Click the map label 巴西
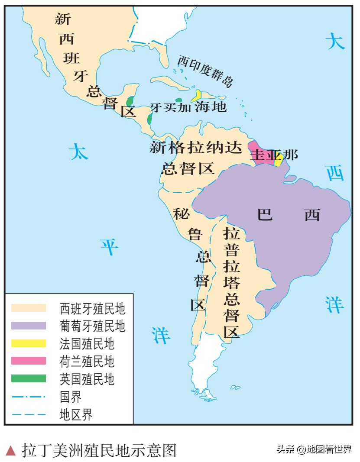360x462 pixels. [x=289, y=214]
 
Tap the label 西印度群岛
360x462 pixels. [x=205, y=71]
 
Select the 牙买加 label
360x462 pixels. [x=170, y=108]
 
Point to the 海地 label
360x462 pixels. [x=211, y=106]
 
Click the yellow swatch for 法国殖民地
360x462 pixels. [x=29, y=343]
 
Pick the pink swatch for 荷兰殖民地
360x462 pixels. [x=29, y=361]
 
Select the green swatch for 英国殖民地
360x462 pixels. [x=29, y=378]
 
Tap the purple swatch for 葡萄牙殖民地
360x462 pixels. [x=29, y=325]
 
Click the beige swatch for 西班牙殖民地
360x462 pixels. [x=29, y=308]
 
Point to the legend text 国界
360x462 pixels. [x=71, y=396]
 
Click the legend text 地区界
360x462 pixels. [x=76, y=414]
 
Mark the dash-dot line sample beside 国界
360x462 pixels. [x=29, y=396]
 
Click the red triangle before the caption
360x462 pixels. [x=12, y=451]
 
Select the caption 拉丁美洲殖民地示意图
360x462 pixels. [x=100, y=450]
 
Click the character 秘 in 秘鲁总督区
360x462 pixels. [x=181, y=214]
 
